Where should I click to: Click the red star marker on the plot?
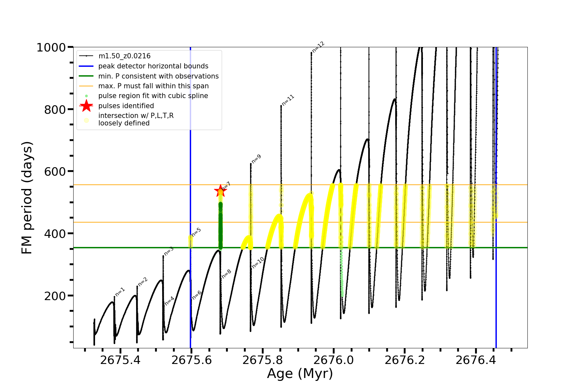click(220, 191)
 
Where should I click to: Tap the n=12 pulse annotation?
click(318, 47)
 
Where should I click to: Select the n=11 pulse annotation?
click(288, 100)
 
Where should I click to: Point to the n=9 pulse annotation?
click(256, 159)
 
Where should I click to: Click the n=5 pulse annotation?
click(196, 232)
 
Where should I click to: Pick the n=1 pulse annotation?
click(120, 292)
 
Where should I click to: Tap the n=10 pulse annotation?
click(258, 263)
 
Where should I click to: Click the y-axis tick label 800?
click(55, 109)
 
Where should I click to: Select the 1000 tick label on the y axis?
click(51, 48)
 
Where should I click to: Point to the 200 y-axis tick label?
click(55, 296)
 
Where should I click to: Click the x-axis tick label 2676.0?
click(334, 360)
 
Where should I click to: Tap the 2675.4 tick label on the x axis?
click(120, 360)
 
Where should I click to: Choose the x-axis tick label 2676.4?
click(476, 360)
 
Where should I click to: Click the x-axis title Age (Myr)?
click(300, 374)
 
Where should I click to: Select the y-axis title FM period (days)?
click(27, 197)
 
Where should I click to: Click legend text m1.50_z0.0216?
click(124, 56)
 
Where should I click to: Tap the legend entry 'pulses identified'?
click(126, 106)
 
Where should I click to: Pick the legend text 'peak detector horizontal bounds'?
click(153, 66)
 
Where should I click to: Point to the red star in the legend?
click(86, 106)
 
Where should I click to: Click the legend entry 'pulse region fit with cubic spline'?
click(153, 96)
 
